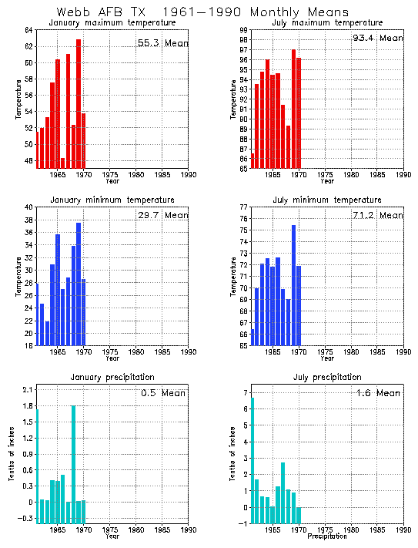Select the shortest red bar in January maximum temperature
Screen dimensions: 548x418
pos(62,163)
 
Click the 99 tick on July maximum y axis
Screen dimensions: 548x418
pos(242,30)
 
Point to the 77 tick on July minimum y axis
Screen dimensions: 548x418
pos(242,207)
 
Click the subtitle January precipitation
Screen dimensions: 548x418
pos(112,377)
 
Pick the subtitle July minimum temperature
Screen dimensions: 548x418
pos(327,200)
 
